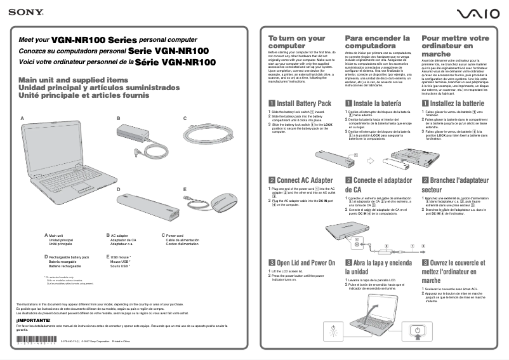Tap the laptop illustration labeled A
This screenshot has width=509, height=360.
(x=63, y=159)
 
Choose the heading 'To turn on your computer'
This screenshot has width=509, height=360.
(x=296, y=42)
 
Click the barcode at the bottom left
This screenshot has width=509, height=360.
(x=36, y=342)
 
